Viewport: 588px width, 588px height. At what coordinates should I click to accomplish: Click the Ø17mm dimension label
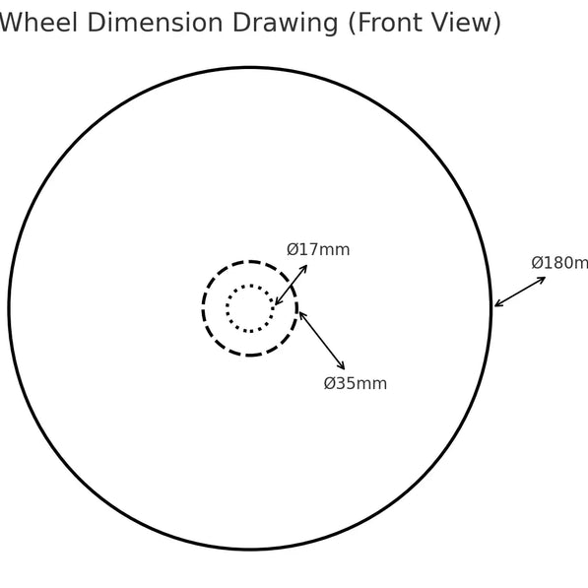click(318, 250)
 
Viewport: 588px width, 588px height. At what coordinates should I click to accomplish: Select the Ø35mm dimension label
click(356, 383)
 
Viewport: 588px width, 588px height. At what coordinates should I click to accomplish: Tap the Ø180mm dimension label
click(559, 263)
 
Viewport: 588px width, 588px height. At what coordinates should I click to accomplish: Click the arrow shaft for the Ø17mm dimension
click(291, 285)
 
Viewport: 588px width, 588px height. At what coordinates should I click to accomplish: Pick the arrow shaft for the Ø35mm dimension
click(322, 340)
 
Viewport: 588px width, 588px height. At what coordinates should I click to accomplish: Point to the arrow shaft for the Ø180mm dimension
click(520, 292)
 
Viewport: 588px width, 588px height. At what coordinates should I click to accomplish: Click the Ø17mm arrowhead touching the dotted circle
click(277, 302)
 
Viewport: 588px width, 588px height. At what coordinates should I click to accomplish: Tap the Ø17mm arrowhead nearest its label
click(304, 268)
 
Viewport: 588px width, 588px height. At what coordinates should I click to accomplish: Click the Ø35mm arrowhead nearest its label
click(342, 366)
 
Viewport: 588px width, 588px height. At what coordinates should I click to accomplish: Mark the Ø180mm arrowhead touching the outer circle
click(497, 304)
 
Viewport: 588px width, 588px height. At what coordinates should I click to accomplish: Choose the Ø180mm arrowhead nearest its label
click(543, 279)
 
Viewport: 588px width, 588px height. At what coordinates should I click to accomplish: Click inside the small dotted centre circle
click(250, 308)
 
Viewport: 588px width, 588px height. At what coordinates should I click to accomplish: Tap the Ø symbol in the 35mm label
click(329, 383)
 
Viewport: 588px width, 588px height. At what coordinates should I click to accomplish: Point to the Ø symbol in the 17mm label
click(292, 250)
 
